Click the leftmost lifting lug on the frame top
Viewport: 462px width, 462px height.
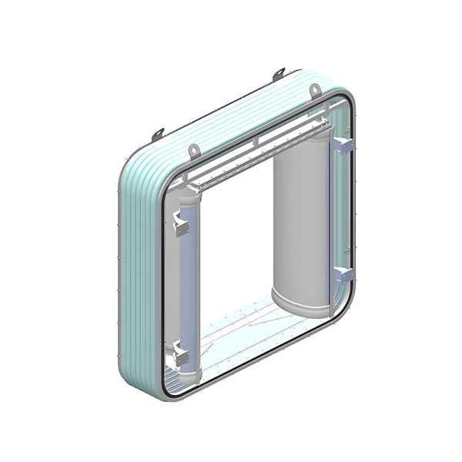158,135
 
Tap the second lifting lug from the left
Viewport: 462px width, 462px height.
194,149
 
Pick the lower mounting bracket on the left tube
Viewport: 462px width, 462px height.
182,355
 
